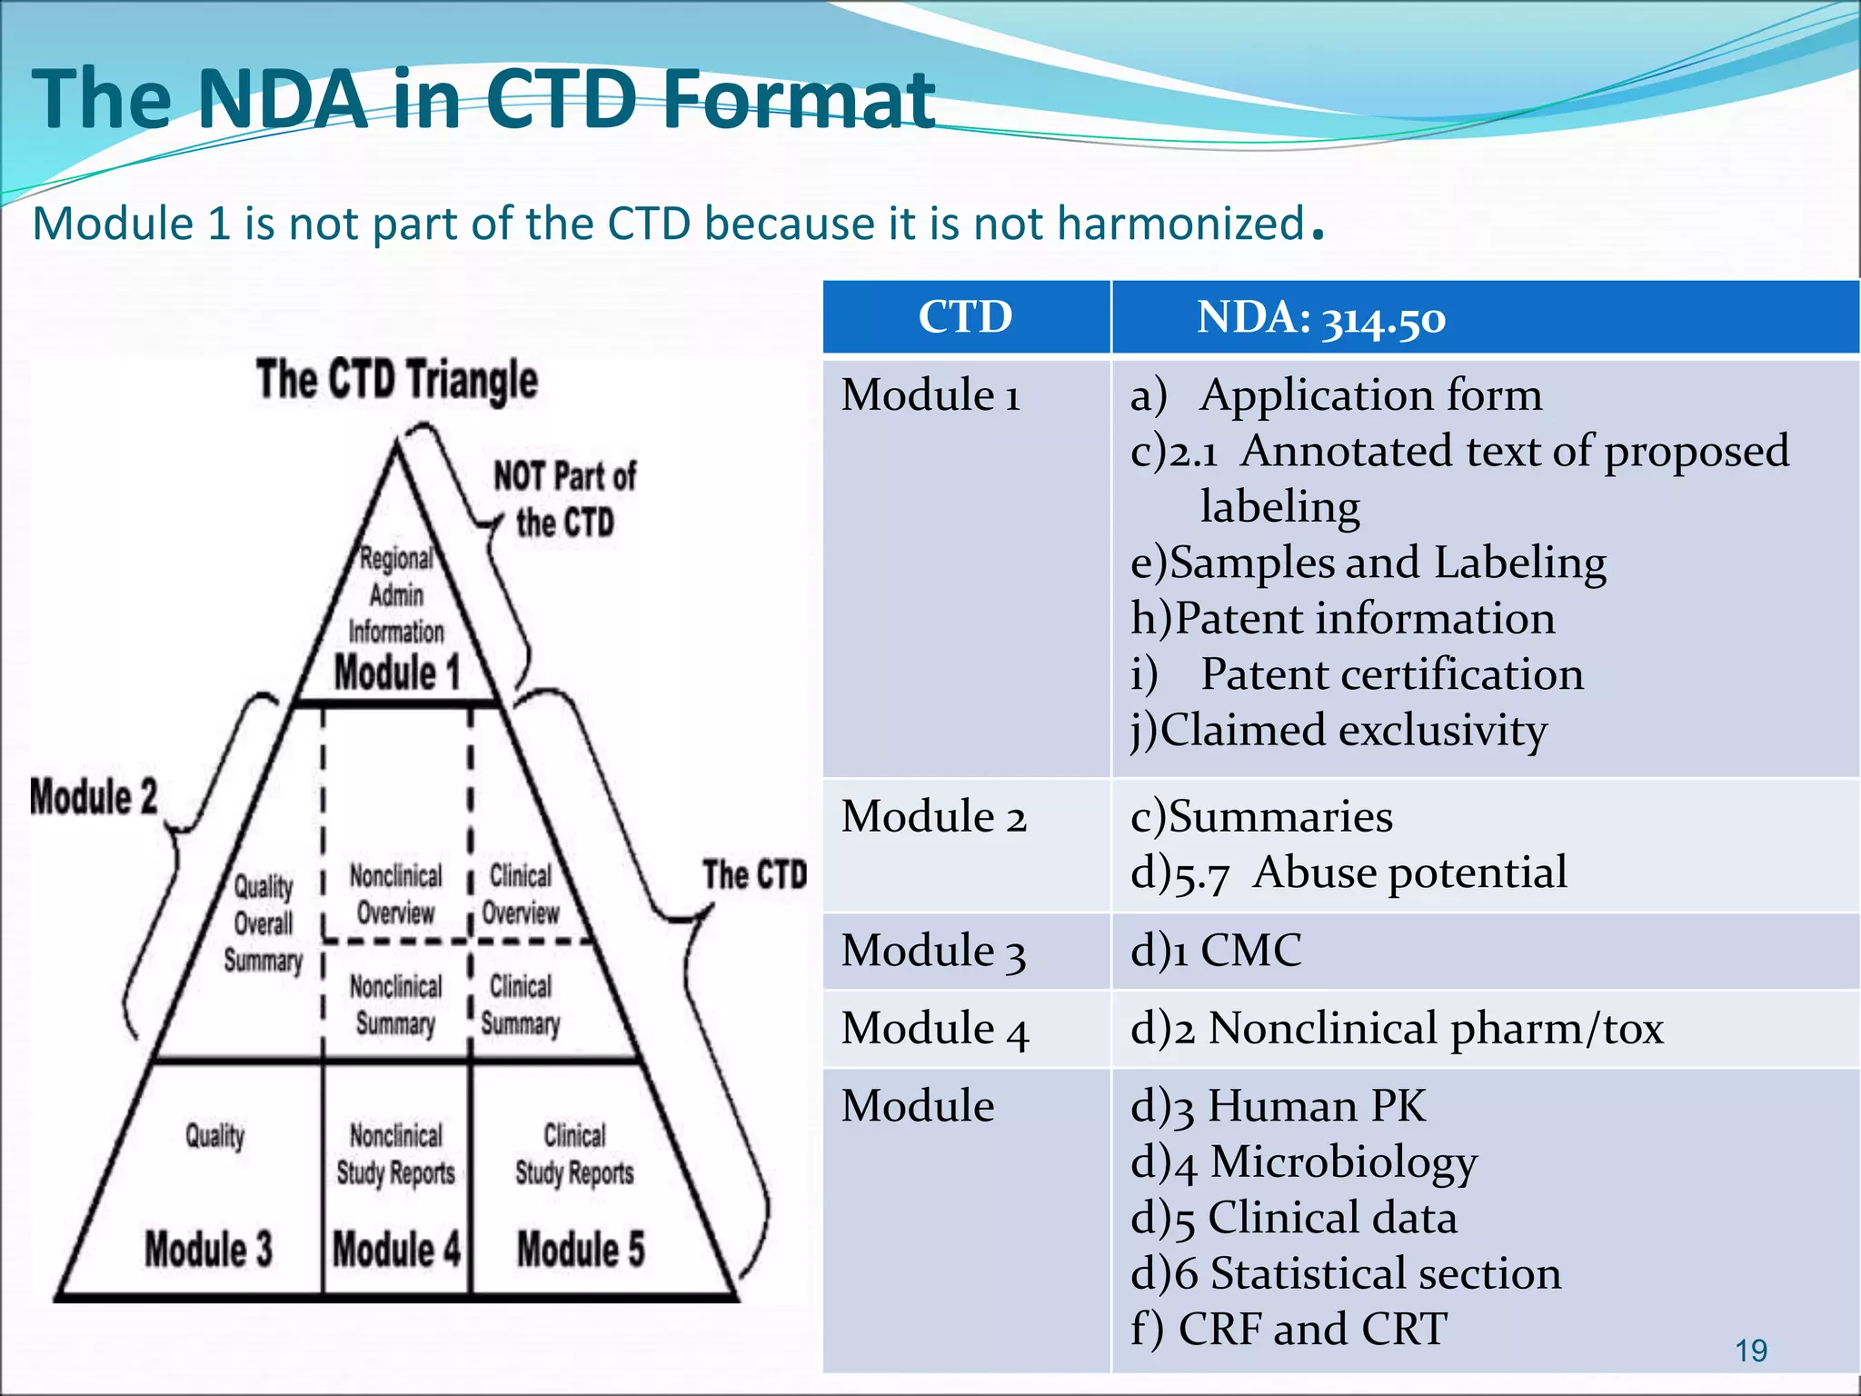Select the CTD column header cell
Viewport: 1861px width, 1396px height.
pyautogui.click(x=965, y=317)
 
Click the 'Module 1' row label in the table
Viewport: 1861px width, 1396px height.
pyautogui.click(x=930, y=395)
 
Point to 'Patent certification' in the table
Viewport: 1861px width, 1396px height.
pyautogui.click(x=1391, y=674)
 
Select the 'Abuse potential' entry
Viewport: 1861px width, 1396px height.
pyautogui.click(x=1409, y=872)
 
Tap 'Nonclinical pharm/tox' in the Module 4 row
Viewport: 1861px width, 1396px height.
pyautogui.click(x=1435, y=1029)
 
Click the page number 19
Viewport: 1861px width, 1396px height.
pyautogui.click(x=1750, y=1351)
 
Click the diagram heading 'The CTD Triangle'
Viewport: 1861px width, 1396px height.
pyautogui.click(x=396, y=379)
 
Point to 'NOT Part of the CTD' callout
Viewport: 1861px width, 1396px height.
pyautogui.click(x=564, y=499)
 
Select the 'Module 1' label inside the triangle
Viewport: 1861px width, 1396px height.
pyautogui.click(x=397, y=673)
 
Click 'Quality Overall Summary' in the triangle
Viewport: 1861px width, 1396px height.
pyautogui.click(x=264, y=923)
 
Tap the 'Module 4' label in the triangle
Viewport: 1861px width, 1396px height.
pyautogui.click(x=396, y=1249)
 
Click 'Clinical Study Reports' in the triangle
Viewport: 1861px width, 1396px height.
pyautogui.click(x=574, y=1154)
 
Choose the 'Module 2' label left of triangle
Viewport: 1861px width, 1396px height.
pyautogui.click(x=94, y=797)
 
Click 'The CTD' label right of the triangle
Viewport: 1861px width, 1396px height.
pyautogui.click(x=754, y=874)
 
